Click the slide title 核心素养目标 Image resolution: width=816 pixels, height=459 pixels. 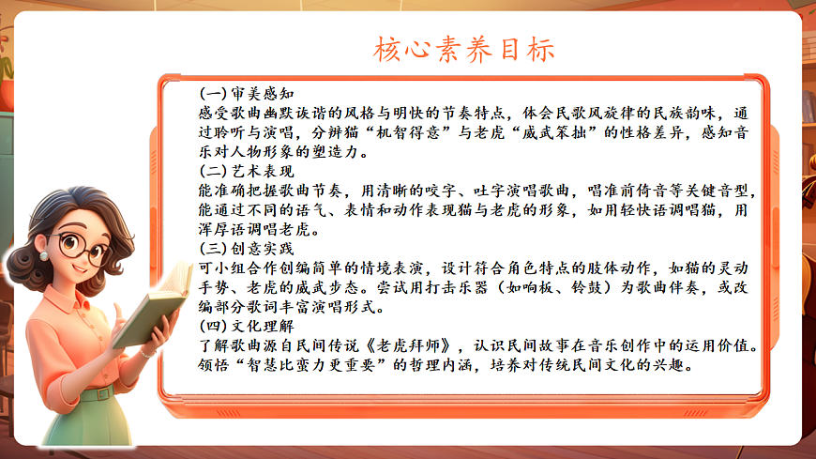click(x=464, y=47)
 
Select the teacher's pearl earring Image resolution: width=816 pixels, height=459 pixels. click(x=44, y=255)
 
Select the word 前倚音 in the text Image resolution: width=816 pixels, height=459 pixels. click(x=607, y=191)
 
